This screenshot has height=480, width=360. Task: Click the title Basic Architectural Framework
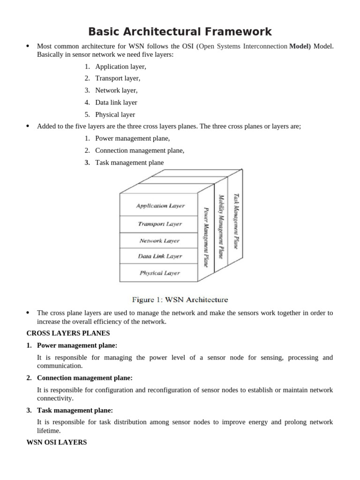point(180,31)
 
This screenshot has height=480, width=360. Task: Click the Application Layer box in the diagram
point(160,205)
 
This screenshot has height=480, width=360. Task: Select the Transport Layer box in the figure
point(160,224)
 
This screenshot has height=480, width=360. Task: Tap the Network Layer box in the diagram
point(160,240)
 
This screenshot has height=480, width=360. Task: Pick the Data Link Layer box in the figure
point(160,256)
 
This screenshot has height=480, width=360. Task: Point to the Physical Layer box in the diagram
point(160,272)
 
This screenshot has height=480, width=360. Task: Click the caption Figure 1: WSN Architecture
point(180,300)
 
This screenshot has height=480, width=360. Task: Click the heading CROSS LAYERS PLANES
point(68,333)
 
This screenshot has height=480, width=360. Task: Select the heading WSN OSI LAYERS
point(56,442)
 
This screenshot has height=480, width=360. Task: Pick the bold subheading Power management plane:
point(77,345)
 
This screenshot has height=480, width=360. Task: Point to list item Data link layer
point(116,102)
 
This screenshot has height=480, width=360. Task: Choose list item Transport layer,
point(117,78)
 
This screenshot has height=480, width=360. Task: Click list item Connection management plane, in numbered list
point(139,150)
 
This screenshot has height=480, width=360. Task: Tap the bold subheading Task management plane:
point(75,410)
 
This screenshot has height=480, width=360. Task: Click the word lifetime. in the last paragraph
point(49,430)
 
